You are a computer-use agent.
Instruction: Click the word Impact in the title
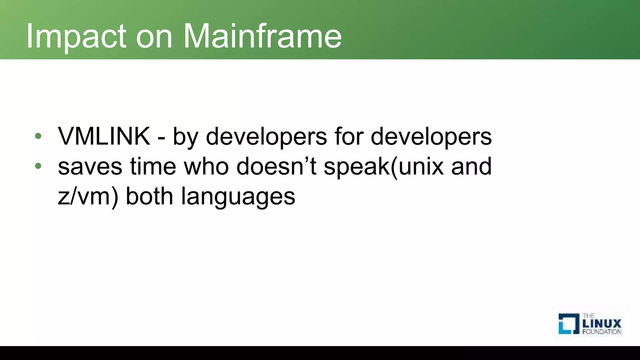(x=76, y=37)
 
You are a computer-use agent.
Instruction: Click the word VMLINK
(x=104, y=136)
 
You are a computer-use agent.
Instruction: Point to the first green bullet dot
(x=38, y=136)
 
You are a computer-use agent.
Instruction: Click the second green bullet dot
(x=38, y=166)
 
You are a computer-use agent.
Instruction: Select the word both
(x=149, y=196)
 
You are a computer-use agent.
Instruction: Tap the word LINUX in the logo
(x=602, y=323)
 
